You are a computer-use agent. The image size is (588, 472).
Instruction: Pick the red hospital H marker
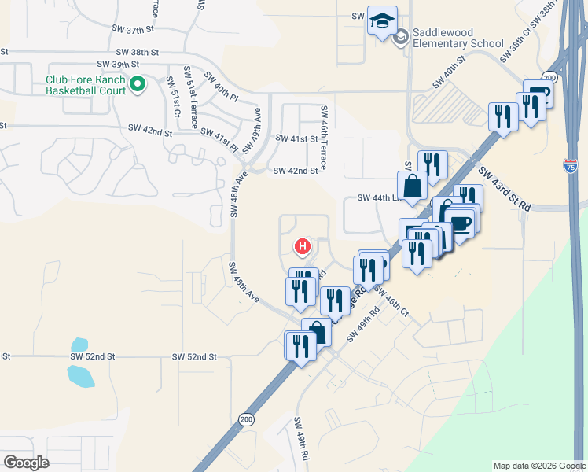[x=301, y=247]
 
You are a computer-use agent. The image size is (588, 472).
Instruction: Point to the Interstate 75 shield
[x=571, y=166]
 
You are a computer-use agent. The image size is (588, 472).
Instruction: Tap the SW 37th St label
[x=135, y=29]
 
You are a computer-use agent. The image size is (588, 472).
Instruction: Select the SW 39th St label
[x=118, y=64]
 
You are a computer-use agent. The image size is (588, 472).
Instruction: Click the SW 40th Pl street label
[x=220, y=87]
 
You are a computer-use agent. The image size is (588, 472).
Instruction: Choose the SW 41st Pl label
[x=219, y=138]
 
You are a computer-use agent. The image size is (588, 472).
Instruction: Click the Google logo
[x=26, y=463]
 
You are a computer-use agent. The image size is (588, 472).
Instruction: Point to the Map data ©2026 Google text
[x=538, y=466]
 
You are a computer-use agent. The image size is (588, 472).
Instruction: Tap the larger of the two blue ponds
[x=81, y=375]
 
